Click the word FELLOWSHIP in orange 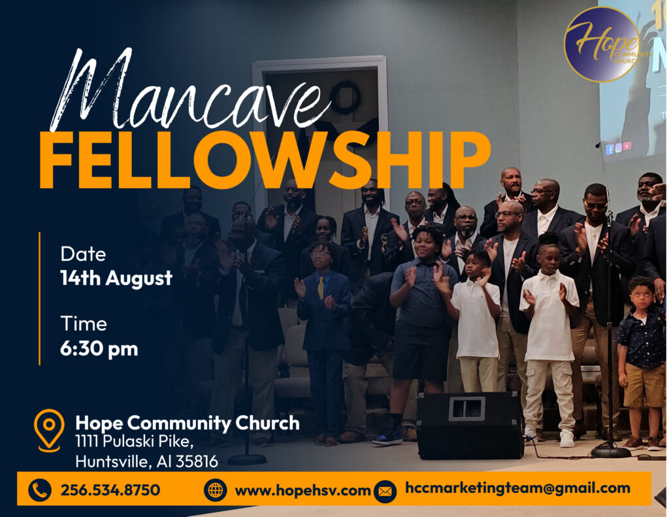pyautogui.click(x=265, y=159)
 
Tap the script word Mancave pyautogui.click(x=190, y=92)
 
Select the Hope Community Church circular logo pyautogui.click(x=602, y=44)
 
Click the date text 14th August pyautogui.click(x=116, y=278)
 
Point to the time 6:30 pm pyautogui.click(x=99, y=349)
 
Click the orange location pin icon pyautogui.click(x=49, y=430)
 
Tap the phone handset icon pyautogui.click(x=40, y=490)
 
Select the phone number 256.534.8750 pyautogui.click(x=110, y=490)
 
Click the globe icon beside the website pyautogui.click(x=215, y=490)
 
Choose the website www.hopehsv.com pyautogui.click(x=302, y=491)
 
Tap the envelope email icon pyautogui.click(x=385, y=492)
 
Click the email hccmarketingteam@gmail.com pyautogui.click(x=517, y=488)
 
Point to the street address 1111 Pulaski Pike pyautogui.click(x=135, y=441)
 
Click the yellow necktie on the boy pyautogui.click(x=320, y=288)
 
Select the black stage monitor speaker pyautogui.click(x=470, y=425)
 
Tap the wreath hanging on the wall pyautogui.click(x=344, y=98)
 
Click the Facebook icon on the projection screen pyautogui.click(x=610, y=149)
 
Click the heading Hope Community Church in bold pyautogui.click(x=188, y=423)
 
